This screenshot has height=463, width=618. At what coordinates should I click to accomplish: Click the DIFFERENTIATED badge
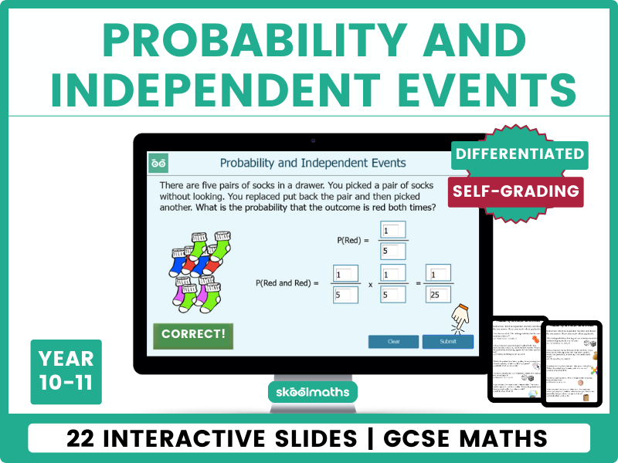(519, 154)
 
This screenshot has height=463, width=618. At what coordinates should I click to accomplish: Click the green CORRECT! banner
(193, 335)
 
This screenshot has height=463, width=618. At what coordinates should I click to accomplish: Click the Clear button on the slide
(393, 341)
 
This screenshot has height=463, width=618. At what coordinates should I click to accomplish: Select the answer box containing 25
(439, 293)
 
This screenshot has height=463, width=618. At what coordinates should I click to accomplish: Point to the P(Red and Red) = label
(287, 283)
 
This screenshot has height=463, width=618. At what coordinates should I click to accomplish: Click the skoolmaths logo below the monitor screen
(312, 392)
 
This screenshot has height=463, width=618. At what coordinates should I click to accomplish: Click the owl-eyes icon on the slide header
(159, 163)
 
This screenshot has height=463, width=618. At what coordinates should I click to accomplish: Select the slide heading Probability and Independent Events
(313, 163)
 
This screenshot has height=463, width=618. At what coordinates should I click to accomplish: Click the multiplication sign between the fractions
(369, 284)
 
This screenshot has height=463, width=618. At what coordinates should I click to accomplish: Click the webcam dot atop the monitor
(312, 140)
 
